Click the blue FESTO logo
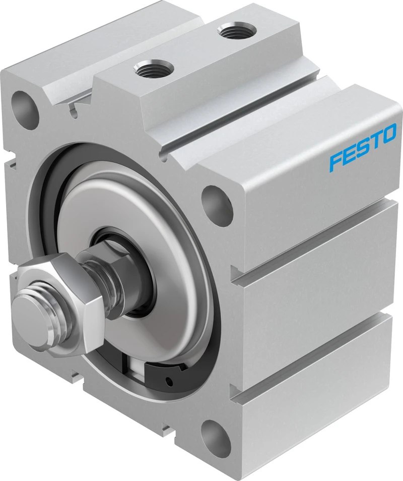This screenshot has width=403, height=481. pos(363,146)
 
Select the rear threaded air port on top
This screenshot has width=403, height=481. pos(236,31)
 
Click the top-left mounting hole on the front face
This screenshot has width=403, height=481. pos(26,109)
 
